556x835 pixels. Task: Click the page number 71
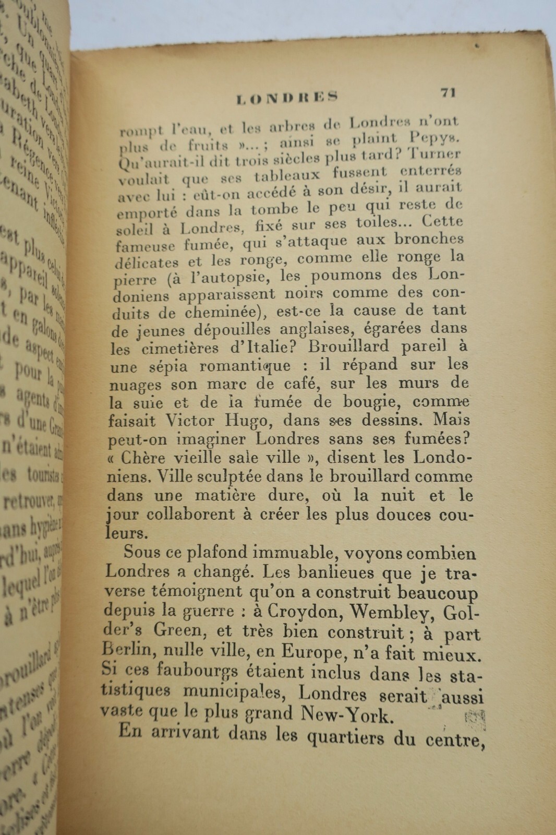(x=448, y=92)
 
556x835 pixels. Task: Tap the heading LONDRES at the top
(x=287, y=98)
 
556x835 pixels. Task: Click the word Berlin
(x=127, y=650)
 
